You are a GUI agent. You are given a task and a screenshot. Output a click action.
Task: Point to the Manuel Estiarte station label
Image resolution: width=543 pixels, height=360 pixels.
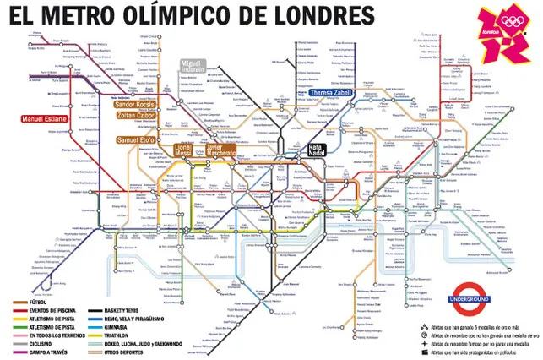[42, 118]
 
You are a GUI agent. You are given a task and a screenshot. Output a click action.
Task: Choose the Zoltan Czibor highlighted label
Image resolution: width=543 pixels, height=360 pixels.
[137, 115]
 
